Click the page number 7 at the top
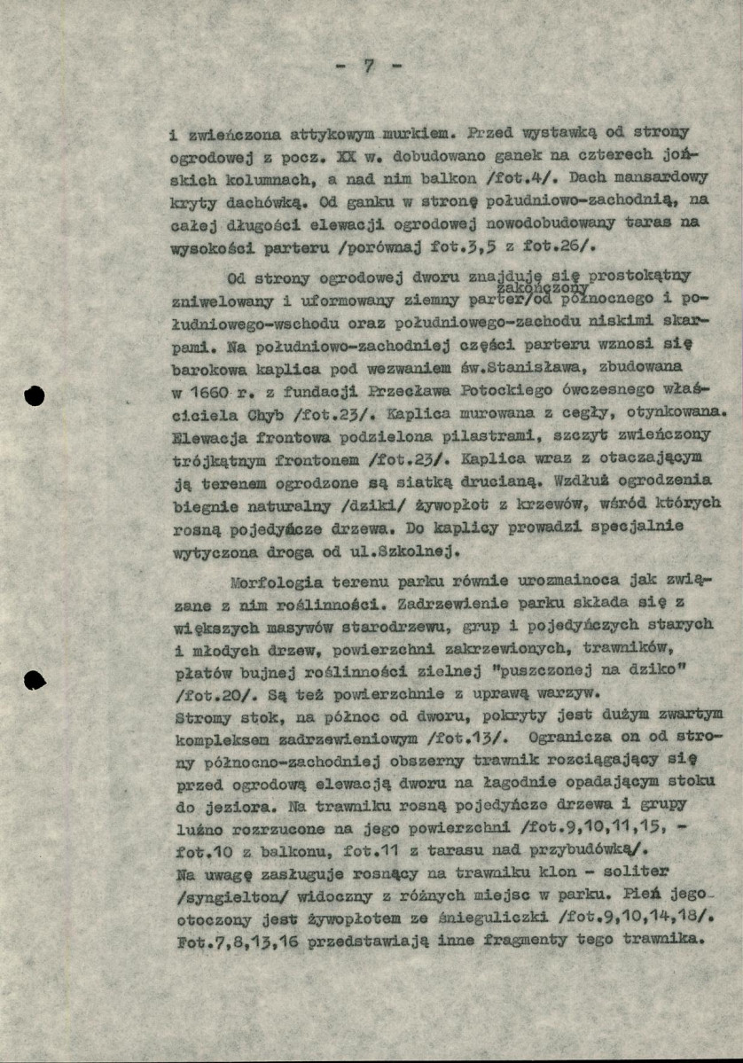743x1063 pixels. [368, 66]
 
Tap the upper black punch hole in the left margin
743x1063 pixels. [35, 395]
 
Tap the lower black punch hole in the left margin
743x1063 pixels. [35, 680]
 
